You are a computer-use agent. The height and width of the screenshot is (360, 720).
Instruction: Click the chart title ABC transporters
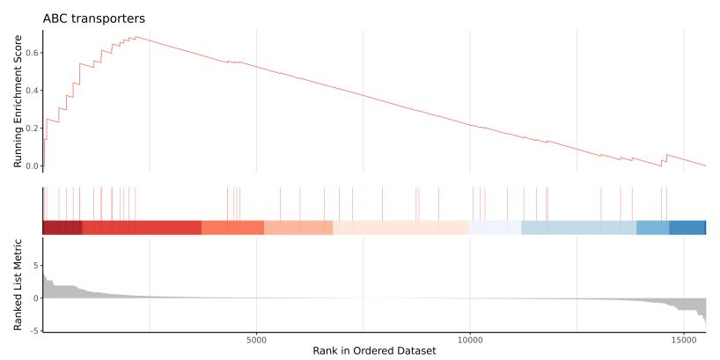[94, 18]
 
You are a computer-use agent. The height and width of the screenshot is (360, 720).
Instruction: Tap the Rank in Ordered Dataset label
[374, 350]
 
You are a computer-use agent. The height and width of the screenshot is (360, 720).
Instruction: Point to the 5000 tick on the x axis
[256, 338]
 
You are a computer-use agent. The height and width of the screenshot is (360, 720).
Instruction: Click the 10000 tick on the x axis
[470, 338]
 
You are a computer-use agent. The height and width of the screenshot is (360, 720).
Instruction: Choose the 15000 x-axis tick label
[684, 338]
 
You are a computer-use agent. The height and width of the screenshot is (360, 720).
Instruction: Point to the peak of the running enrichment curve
[135, 37]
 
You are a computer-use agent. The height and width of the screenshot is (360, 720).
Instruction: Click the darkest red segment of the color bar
[62, 227]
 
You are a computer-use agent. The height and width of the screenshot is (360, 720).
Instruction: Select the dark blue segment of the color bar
[687, 227]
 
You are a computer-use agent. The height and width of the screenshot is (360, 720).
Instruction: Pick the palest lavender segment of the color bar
[495, 227]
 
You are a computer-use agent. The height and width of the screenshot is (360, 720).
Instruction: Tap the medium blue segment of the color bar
[652, 227]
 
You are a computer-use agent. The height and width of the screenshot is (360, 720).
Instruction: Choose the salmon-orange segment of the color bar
[232, 227]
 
